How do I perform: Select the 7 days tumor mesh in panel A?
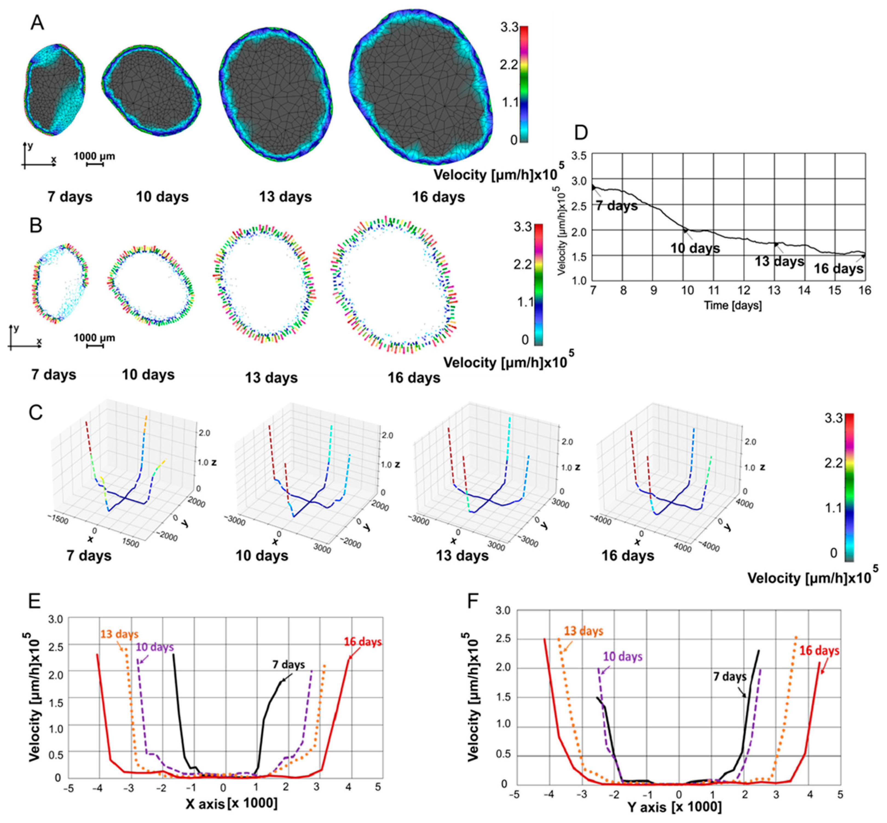pyautogui.click(x=54, y=89)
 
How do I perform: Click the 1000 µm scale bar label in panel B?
pyautogui.click(x=94, y=337)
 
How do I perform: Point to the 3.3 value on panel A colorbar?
pyautogui.click(x=509, y=28)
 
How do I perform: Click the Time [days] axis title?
pyautogui.click(x=732, y=305)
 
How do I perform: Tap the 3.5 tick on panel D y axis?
pyautogui.click(x=579, y=156)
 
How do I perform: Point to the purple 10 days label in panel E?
pyautogui.click(x=155, y=647)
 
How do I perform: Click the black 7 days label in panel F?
pyautogui.click(x=729, y=677)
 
